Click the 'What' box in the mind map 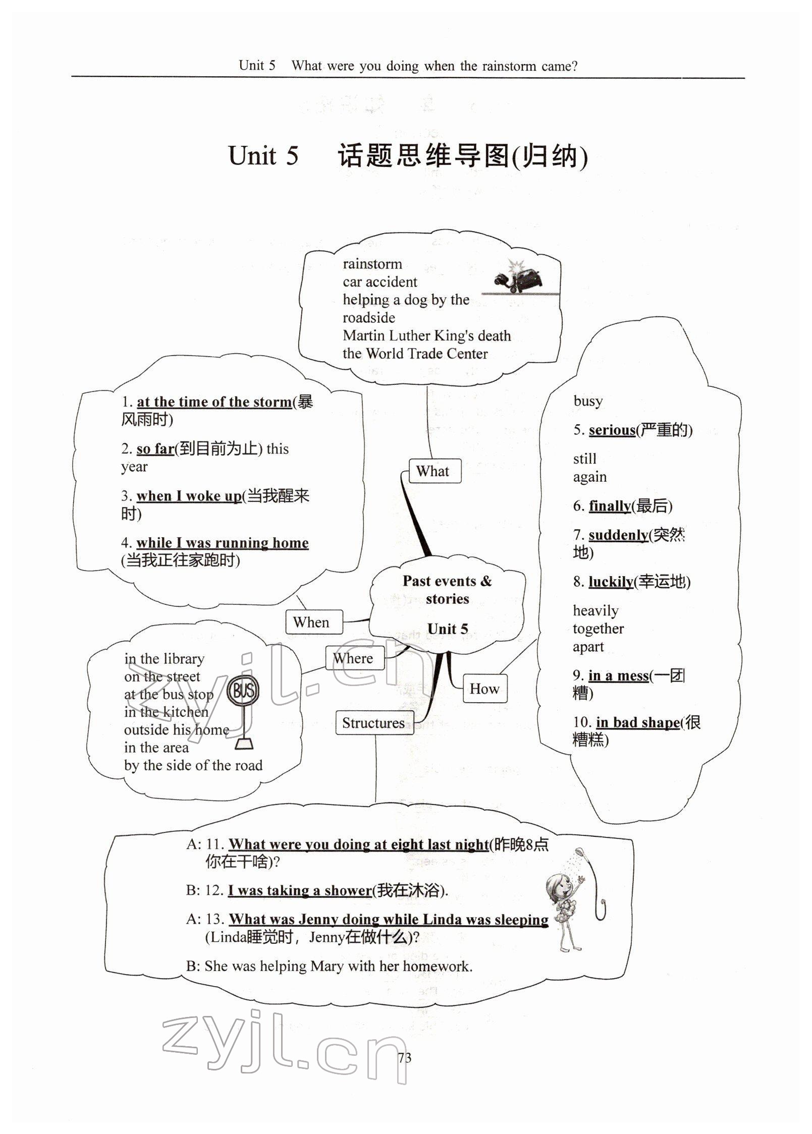(x=434, y=471)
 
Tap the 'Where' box (x=354, y=658)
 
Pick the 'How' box (x=484, y=689)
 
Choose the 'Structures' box (x=374, y=723)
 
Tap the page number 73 (x=405, y=1057)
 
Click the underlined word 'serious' (x=612, y=430)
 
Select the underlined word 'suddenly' (x=618, y=534)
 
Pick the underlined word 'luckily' (x=611, y=582)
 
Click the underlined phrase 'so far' (x=155, y=448)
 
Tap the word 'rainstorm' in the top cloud (x=372, y=264)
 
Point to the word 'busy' (x=588, y=401)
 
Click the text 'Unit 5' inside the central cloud (x=448, y=629)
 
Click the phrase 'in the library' (x=165, y=659)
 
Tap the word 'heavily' (x=596, y=611)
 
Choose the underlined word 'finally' (x=610, y=505)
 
